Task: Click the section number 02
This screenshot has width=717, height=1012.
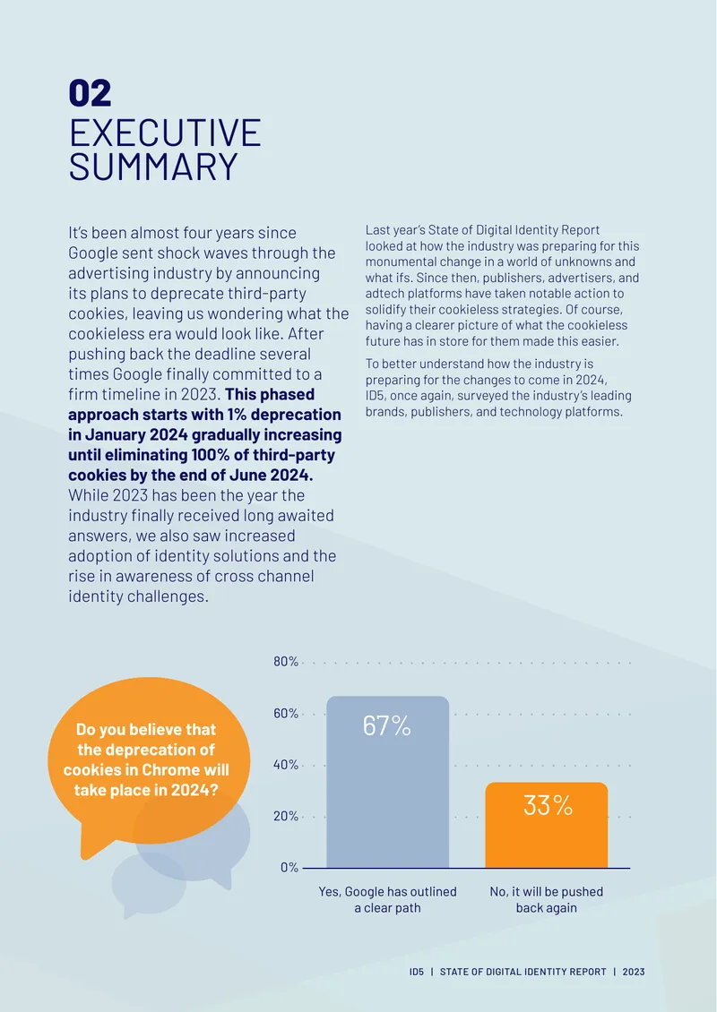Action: [90, 93]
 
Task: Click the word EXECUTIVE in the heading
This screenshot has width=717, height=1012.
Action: [165, 133]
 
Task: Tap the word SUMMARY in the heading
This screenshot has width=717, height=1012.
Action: [154, 167]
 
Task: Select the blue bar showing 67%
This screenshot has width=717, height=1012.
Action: [387, 782]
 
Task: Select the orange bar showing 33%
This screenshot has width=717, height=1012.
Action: [547, 825]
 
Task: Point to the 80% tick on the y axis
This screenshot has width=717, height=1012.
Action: [286, 662]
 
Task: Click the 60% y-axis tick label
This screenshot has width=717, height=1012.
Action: [286, 713]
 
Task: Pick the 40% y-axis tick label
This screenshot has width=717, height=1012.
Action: [286, 765]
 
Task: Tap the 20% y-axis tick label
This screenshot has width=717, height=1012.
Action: [286, 817]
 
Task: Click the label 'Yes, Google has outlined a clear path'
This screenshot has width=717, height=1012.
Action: [387, 900]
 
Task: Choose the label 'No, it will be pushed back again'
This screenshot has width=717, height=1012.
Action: [547, 900]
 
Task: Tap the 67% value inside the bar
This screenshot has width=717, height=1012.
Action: [387, 726]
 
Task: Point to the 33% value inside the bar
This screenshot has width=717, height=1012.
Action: [548, 805]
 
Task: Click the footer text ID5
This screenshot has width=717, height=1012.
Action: [417, 972]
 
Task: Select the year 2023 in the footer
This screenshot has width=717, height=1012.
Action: [634, 972]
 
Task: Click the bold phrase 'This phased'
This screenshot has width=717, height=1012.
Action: [270, 394]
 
